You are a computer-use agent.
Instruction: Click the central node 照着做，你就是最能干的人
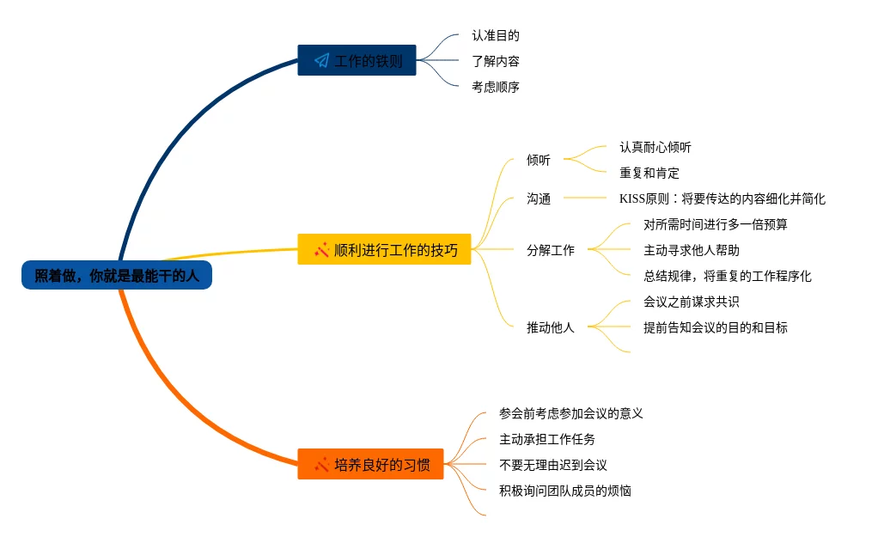(117, 276)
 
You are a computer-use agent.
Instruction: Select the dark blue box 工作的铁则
(357, 60)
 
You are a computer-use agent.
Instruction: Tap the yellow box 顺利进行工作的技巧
(384, 249)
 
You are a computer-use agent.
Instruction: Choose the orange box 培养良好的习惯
(370, 464)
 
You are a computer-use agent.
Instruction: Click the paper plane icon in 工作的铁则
(321, 61)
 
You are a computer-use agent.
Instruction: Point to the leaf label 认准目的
(496, 36)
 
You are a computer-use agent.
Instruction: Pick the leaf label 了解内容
(496, 61)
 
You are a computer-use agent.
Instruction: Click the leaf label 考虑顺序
(496, 87)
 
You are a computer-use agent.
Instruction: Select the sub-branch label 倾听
(539, 160)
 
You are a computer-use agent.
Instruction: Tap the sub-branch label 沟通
(539, 198)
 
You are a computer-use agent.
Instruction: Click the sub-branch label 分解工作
(551, 250)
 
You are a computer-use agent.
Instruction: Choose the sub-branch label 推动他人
(551, 327)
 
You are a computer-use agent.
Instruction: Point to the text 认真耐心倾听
(655, 147)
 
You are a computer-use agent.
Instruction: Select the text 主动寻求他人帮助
(692, 250)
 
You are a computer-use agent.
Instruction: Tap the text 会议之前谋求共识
(692, 302)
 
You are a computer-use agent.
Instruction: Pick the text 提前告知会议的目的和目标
(716, 327)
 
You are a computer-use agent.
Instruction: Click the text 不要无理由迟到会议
(553, 465)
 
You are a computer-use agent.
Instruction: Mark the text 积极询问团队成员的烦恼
(565, 491)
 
